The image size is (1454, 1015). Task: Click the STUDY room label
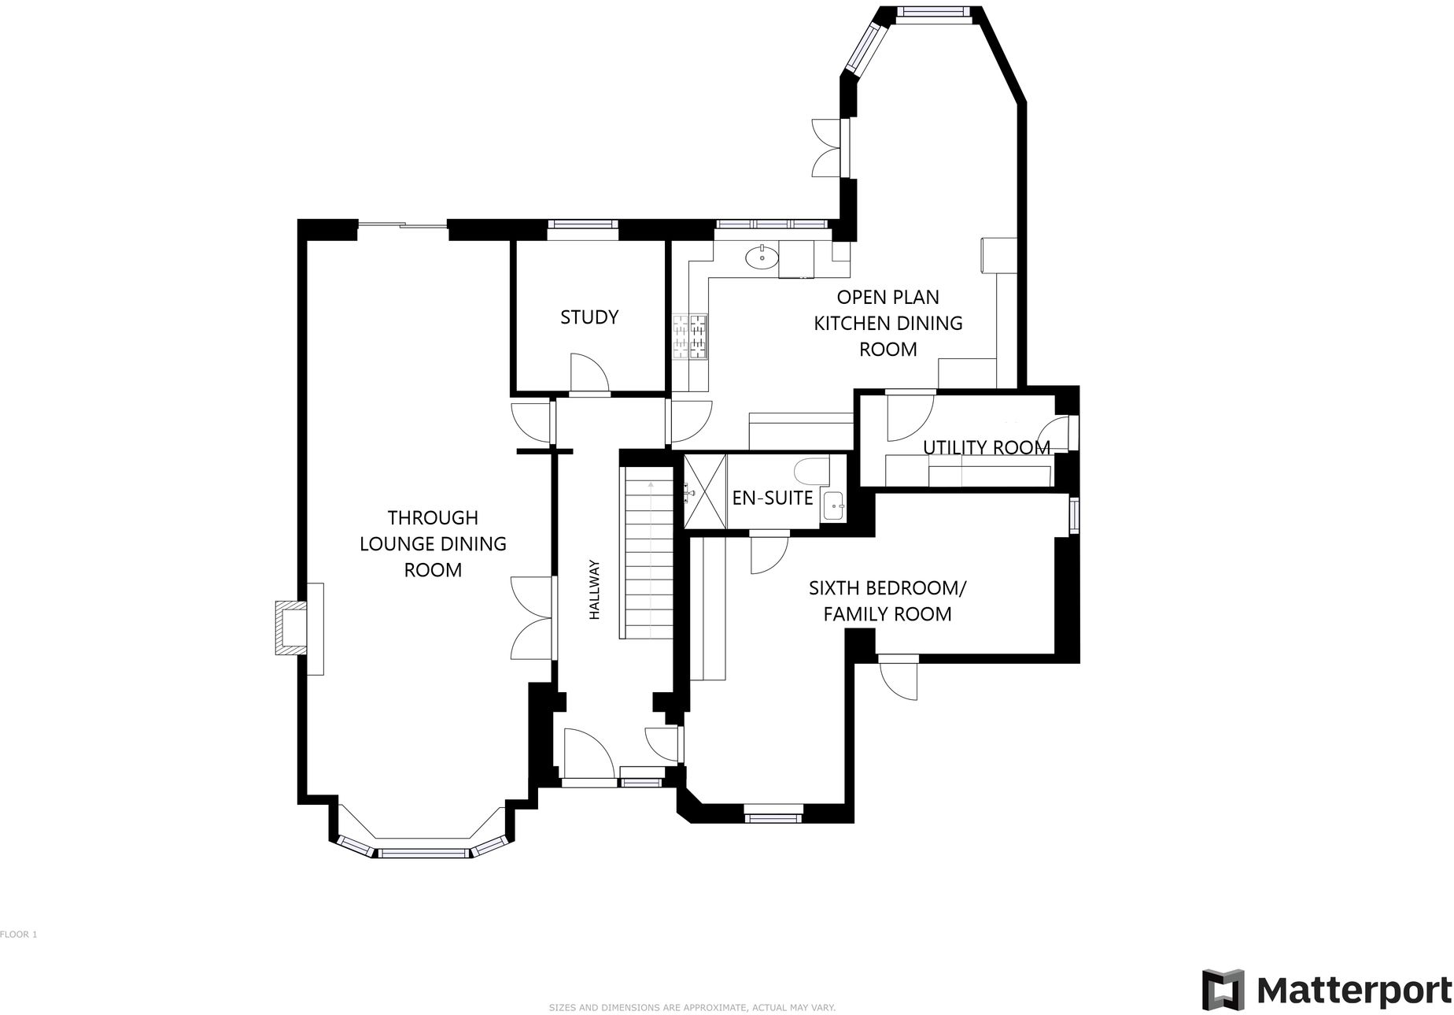click(589, 317)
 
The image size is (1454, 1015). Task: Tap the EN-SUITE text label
click(772, 498)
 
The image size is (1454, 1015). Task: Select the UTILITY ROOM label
click(986, 447)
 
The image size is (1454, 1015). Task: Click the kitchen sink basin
click(762, 256)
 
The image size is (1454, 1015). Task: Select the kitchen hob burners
click(690, 336)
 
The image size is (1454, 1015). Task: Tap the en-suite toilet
click(811, 471)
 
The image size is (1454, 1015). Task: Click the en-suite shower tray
click(705, 491)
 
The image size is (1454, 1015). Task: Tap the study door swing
click(589, 373)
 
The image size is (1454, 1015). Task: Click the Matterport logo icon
click(1222, 990)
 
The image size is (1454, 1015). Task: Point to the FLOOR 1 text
click(19, 935)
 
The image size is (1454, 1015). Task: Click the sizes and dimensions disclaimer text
click(692, 1007)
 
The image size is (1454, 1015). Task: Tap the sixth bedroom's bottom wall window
click(773, 817)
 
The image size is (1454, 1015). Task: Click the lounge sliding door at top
click(402, 226)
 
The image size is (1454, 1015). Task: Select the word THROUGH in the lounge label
click(433, 518)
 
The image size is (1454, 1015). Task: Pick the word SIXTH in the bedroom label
click(834, 588)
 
